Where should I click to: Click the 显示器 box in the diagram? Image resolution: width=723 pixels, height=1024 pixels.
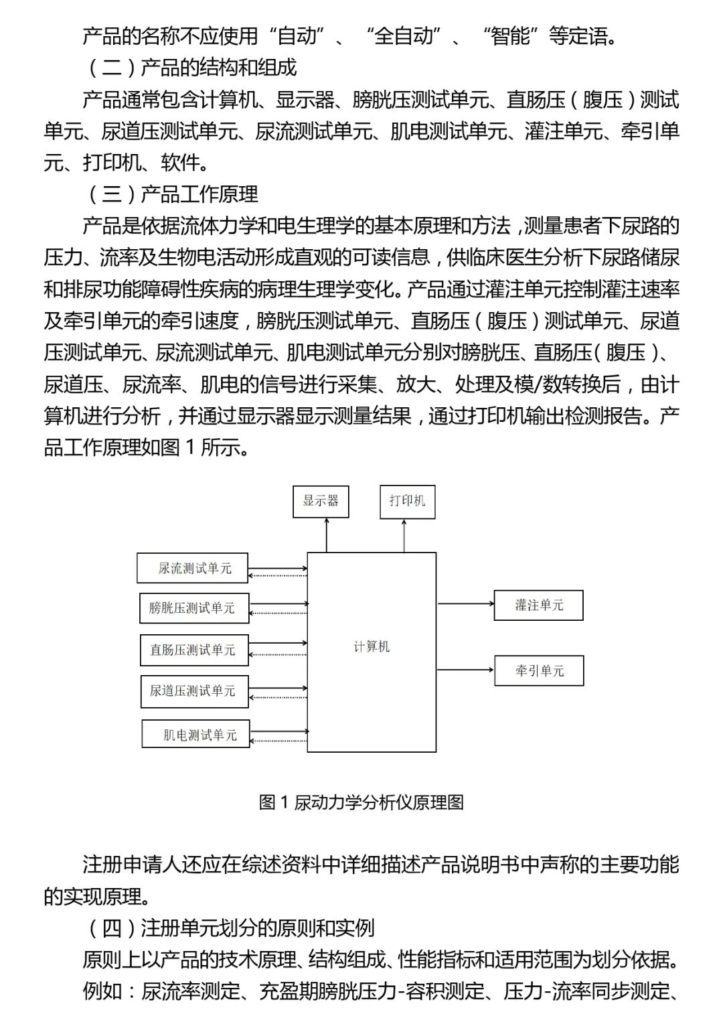321,502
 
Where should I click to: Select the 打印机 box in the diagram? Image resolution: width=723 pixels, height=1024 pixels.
407,502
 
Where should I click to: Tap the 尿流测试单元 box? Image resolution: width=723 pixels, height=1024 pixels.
193,569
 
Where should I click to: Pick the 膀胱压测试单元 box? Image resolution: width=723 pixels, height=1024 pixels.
193,608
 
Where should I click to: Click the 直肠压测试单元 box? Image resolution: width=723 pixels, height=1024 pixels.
194,650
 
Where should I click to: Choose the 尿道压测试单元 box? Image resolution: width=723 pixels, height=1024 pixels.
194,691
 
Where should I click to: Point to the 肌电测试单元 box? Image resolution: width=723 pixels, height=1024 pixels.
195,734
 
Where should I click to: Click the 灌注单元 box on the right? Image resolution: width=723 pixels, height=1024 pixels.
539,605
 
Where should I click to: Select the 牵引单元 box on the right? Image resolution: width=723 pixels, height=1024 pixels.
539,671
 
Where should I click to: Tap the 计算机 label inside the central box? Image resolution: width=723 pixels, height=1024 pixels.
372,647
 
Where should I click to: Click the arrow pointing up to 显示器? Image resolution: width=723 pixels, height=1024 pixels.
327,535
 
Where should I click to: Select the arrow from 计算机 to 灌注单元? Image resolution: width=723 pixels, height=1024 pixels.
465,603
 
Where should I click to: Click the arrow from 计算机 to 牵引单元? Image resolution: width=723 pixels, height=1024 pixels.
465,669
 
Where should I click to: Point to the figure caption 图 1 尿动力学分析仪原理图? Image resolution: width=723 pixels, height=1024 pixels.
361,802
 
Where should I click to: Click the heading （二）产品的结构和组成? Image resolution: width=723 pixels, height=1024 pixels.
191,68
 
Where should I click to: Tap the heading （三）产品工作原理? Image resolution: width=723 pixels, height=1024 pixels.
173,194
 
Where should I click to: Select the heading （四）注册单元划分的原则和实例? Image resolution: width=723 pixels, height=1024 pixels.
230,928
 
